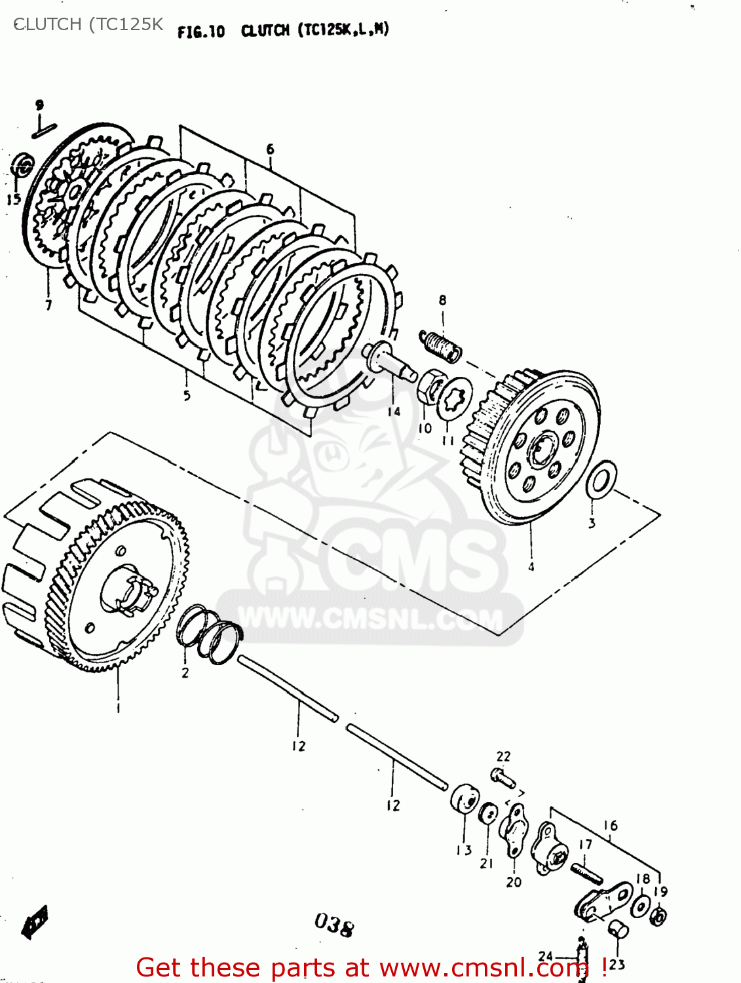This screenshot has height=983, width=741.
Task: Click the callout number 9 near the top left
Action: click(x=39, y=105)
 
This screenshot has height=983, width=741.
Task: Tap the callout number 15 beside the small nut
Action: click(x=14, y=199)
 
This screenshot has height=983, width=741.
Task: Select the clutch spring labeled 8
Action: click(x=440, y=345)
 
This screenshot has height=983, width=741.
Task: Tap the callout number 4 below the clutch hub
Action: click(x=531, y=567)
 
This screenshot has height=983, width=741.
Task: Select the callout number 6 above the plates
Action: click(x=270, y=149)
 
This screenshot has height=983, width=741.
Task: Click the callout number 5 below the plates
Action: click(x=187, y=395)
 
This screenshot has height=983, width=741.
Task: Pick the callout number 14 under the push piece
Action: click(x=394, y=412)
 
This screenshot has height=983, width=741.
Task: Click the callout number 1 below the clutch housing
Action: click(x=118, y=708)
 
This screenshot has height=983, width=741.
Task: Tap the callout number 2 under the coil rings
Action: click(x=185, y=673)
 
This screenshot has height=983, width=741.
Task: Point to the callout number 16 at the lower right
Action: click(x=611, y=826)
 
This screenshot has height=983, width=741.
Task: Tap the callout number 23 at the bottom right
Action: click(x=617, y=965)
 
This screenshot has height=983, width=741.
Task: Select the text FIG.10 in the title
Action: click(x=201, y=31)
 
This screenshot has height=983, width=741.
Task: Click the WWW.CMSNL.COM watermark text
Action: click(x=371, y=619)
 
